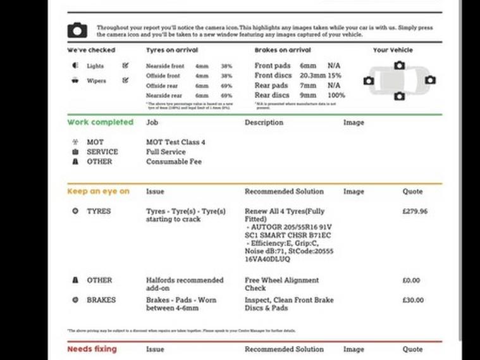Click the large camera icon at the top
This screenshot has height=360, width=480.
tap(77, 30)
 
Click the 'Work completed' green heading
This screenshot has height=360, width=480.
tap(100, 122)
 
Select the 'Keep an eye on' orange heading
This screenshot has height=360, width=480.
tap(98, 191)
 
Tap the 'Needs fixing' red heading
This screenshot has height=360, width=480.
tap(92, 349)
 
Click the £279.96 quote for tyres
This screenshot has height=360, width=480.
tap(414, 211)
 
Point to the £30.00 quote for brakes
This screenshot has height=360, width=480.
tap(413, 300)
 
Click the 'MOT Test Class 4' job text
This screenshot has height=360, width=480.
tap(175, 142)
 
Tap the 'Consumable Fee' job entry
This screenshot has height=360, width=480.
tap(173, 161)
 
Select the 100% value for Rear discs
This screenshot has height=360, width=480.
tap(336, 96)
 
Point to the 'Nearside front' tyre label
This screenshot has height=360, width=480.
tap(165, 66)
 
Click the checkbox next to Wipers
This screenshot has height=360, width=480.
tap(125, 80)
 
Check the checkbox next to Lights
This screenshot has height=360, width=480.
tap(125, 65)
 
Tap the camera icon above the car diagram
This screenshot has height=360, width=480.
tap(399, 65)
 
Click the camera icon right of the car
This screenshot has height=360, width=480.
tap(430, 80)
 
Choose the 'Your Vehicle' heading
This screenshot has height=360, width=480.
tap(392, 50)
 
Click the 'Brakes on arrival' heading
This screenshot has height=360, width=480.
tap(282, 50)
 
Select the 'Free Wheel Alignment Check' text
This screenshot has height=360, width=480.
tap(281, 284)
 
